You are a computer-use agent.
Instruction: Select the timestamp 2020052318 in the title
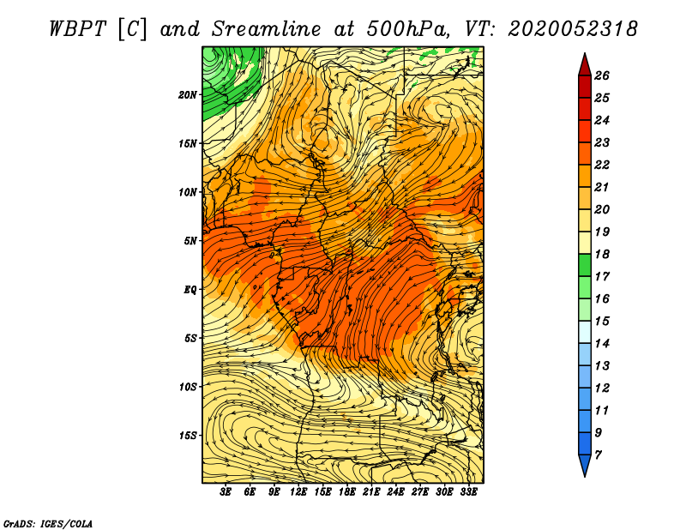[572, 27]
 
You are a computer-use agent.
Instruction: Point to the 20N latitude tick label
[189, 94]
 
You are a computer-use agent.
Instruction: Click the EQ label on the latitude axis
[190, 290]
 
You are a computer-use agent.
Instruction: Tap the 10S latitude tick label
[189, 387]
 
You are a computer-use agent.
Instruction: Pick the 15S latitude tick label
[189, 436]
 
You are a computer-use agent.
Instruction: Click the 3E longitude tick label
[226, 493]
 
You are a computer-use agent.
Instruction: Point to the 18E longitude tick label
[347, 493]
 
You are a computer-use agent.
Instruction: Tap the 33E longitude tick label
[469, 493]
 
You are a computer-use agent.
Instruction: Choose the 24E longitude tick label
[396, 493]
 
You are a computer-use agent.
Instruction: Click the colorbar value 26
[601, 75]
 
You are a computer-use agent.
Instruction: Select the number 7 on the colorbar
[598, 455]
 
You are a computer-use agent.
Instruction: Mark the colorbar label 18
[601, 254]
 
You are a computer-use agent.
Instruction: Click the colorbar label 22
[601, 165]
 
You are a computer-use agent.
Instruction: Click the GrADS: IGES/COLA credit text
[47, 522]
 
